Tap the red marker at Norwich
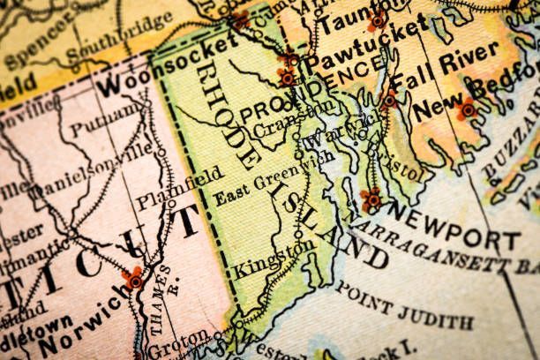click(135, 278)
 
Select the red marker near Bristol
click(371, 199)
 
